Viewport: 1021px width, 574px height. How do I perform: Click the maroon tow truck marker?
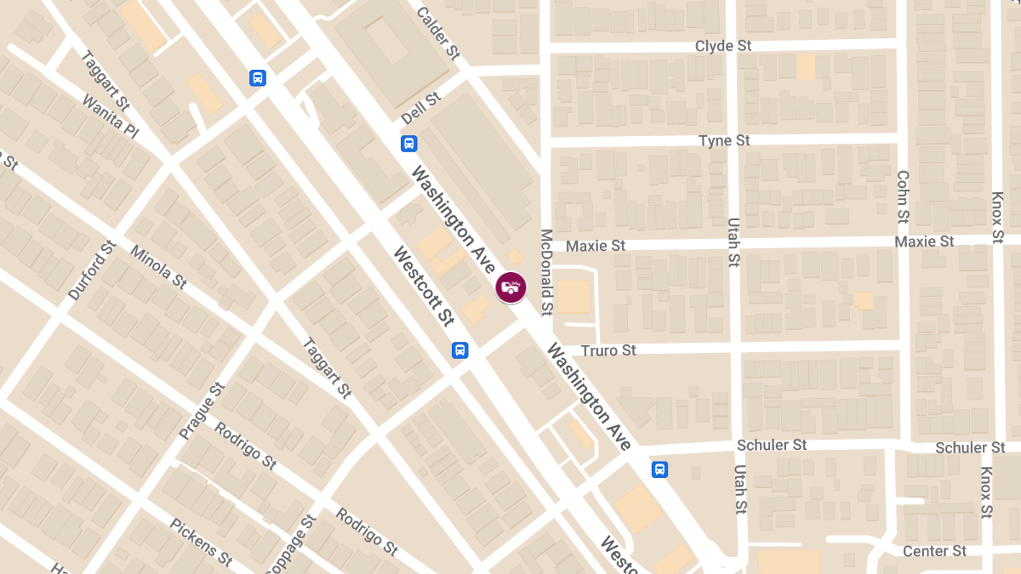(510, 287)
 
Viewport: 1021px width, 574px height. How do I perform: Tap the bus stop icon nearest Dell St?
(409, 143)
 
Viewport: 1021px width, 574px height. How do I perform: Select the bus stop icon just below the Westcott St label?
(459, 350)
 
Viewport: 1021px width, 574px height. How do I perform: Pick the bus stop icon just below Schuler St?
(660, 469)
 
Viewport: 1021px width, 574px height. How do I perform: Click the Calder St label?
(438, 33)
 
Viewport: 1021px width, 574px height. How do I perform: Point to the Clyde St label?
(723, 46)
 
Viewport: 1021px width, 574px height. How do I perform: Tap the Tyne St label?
(724, 140)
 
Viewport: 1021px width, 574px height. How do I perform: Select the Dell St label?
(421, 108)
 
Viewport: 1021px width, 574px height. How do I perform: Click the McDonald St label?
(547, 270)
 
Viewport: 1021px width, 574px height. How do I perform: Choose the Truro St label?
(608, 350)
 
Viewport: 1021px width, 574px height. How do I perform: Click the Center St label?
(934, 551)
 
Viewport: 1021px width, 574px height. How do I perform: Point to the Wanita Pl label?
(110, 117)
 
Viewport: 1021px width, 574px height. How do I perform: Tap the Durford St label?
(91, 270)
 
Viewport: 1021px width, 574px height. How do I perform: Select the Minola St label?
(158, 266)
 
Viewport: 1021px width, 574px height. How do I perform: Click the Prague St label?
(202, 411)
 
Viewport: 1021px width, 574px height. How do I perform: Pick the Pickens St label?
(202, 543)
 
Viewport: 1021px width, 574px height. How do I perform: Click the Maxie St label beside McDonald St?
(596, 246)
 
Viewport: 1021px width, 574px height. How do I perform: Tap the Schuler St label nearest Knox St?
(970, 447)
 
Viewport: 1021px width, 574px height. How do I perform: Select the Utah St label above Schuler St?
(733, 242)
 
